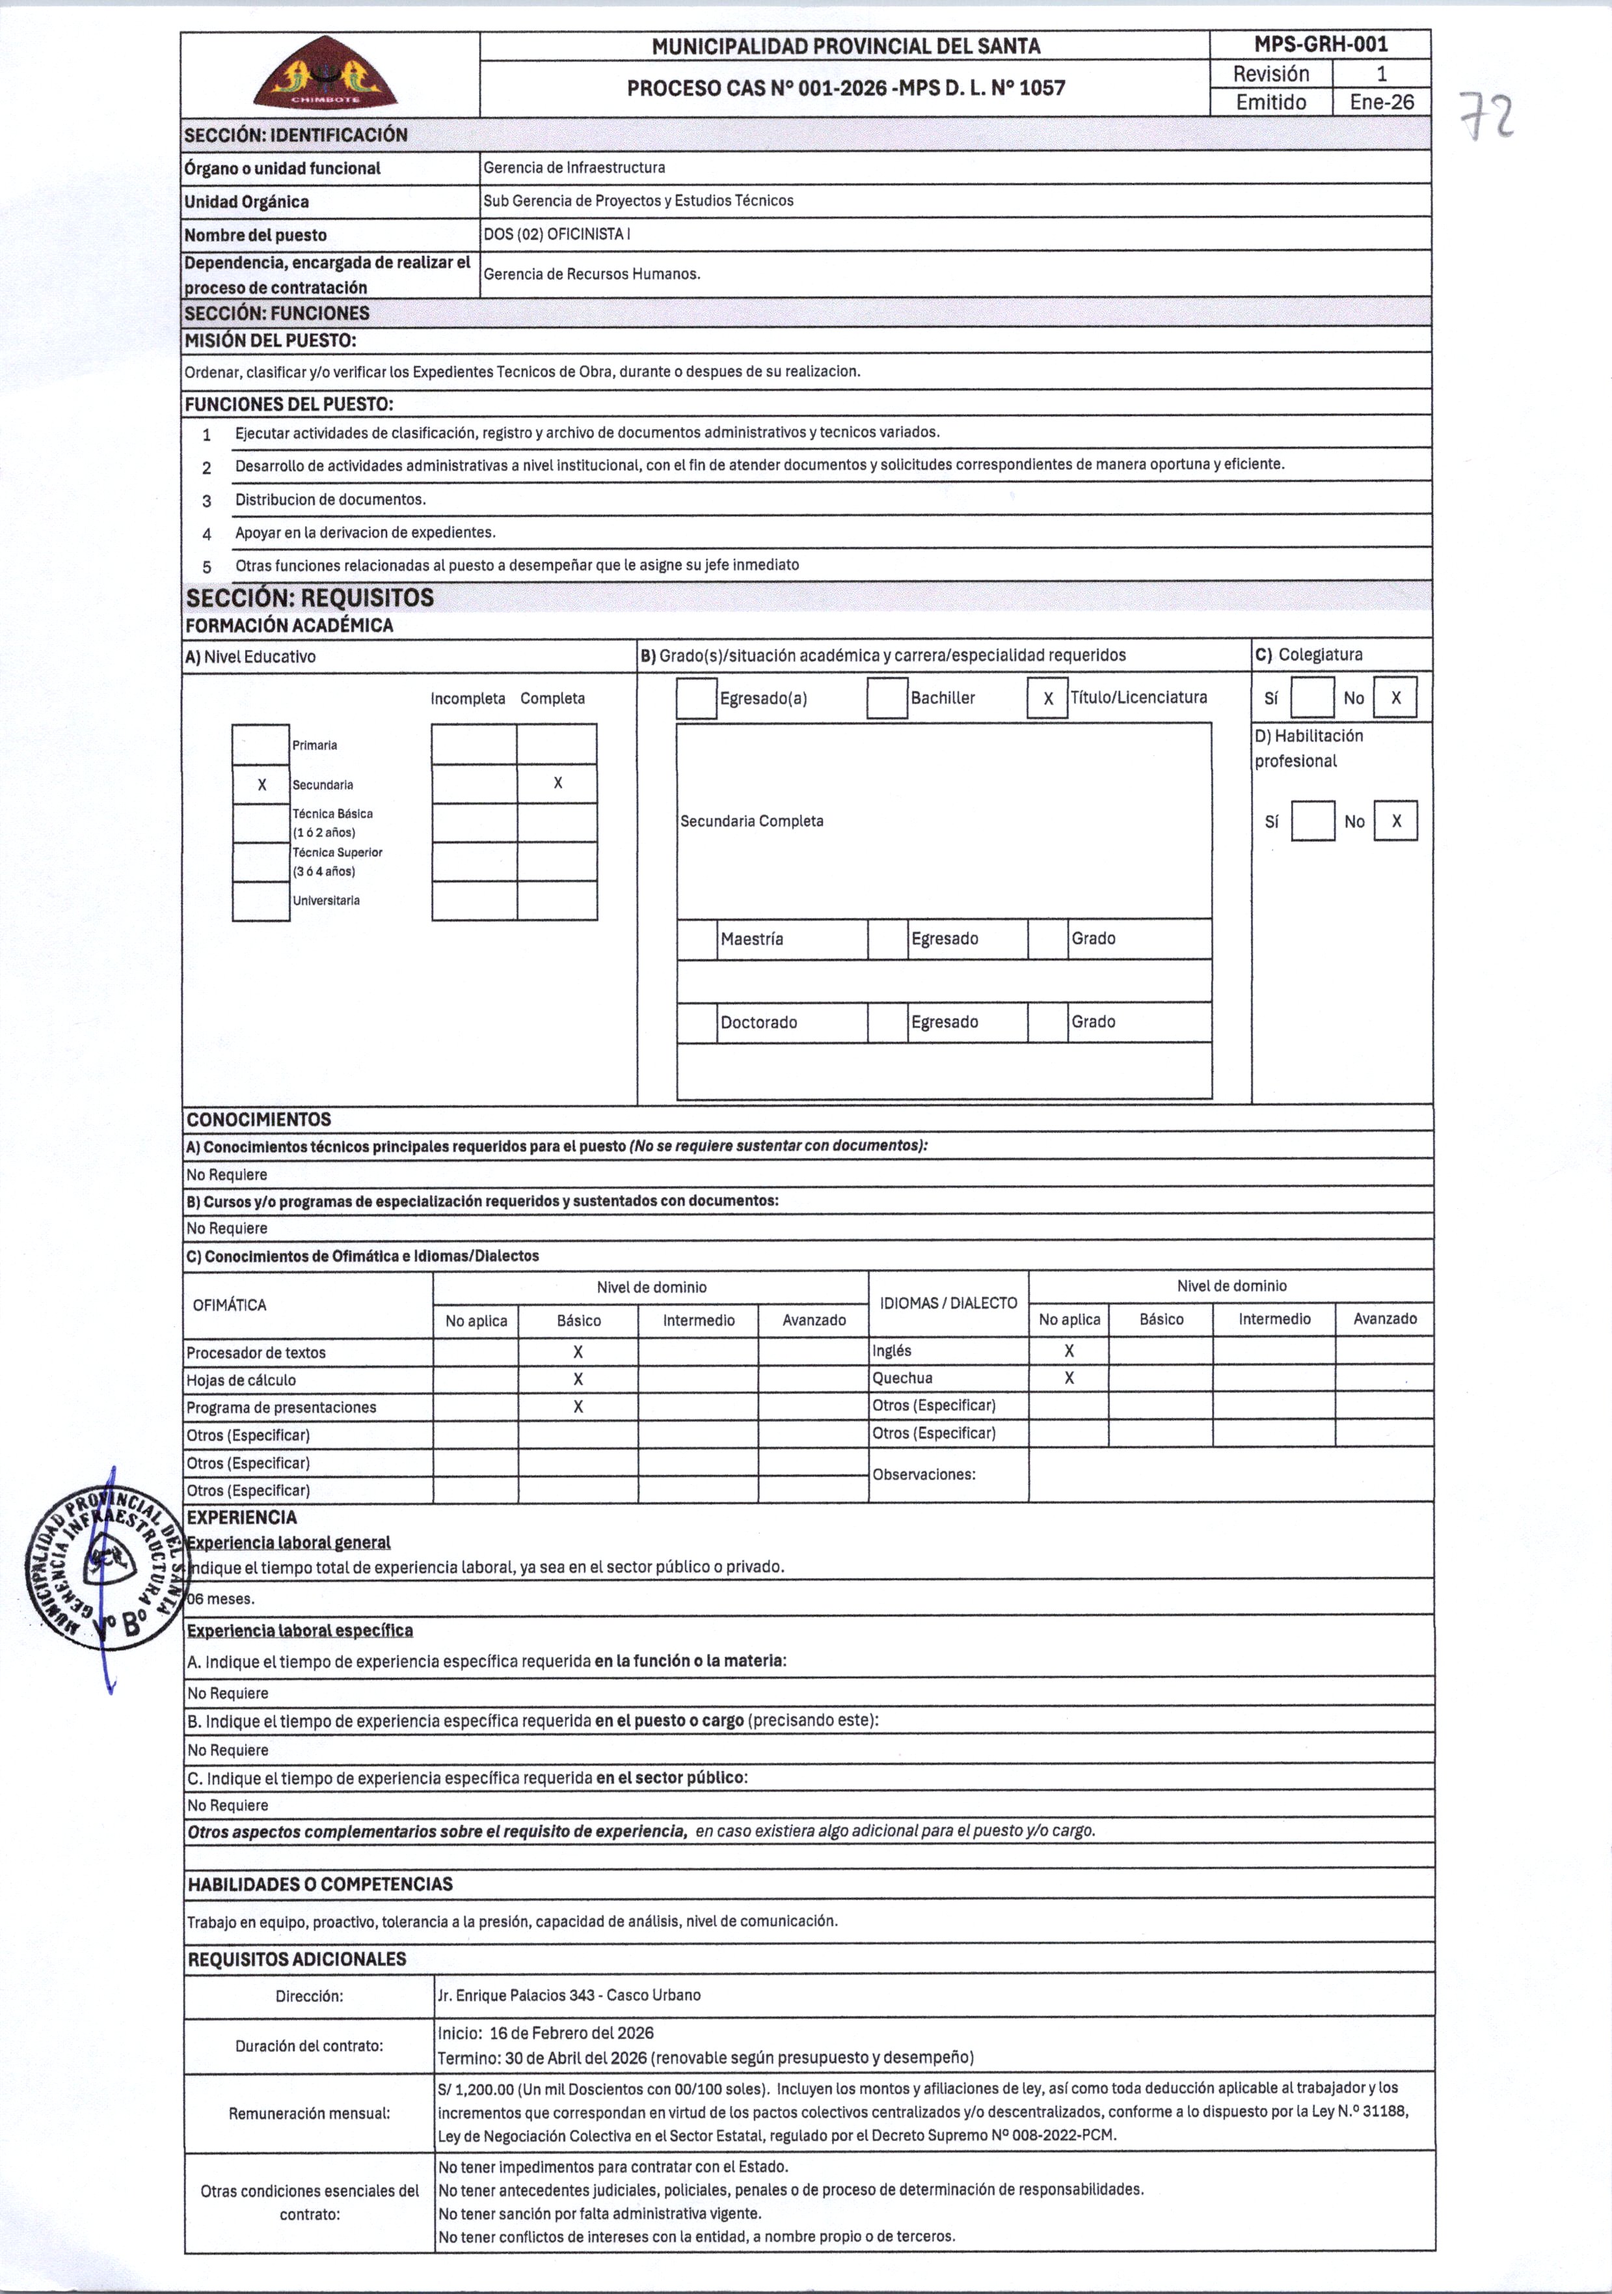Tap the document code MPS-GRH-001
pos(1321,45)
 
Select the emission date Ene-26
pos(1381,102)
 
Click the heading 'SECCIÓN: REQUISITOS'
pos(310,598)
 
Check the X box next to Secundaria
pos(262,784)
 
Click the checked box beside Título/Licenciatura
pos(1048,698)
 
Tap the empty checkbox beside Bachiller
pos(887,698)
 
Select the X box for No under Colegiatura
pos(1395,698)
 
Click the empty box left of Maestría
pos(697,939)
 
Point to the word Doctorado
pos(759,1022)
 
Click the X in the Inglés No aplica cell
pos(1069,1351)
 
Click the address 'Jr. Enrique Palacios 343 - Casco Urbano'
pos(569,1995)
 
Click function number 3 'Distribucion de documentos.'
pos(330,499)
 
